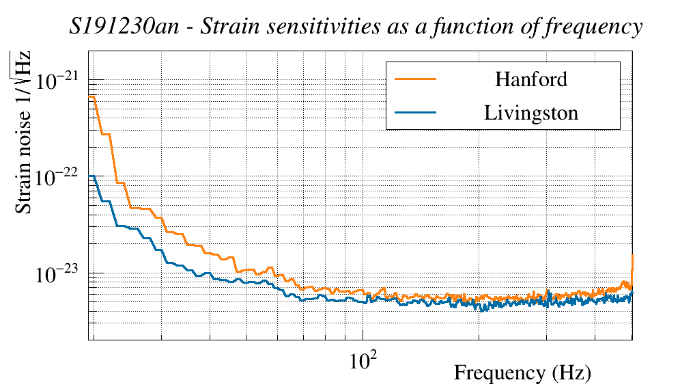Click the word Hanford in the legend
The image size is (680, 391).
(x=531, y=79)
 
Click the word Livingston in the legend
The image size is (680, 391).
(x=531, y=113)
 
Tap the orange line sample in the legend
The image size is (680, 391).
(x=416, y=79)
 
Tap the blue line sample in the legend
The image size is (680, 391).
(x=416, y=113)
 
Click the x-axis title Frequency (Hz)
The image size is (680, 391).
(x=522, y=373)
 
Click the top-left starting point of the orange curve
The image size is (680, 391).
(x=90, y=97)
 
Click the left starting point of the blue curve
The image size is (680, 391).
(x=90, y=176)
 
